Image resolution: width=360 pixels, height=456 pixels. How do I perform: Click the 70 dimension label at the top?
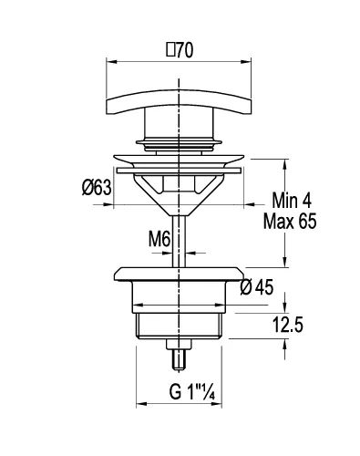pos(184,50)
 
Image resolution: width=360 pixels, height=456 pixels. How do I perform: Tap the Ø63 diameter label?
pos(97,187)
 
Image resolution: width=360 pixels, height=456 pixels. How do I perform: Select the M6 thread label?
pos(159,239)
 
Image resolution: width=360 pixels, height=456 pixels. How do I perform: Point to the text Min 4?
pos(292,201)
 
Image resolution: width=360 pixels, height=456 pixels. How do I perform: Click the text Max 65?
pos(290,221)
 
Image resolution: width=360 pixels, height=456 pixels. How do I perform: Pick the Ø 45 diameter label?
pos(257,287)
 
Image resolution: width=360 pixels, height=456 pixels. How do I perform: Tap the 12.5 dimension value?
pos(287,325)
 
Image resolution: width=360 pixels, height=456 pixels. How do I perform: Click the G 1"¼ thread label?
pos(192,392)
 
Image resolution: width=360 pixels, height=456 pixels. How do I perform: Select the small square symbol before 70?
pos(170,50)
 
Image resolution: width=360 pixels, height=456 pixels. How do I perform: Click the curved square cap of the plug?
pos(179,102)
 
